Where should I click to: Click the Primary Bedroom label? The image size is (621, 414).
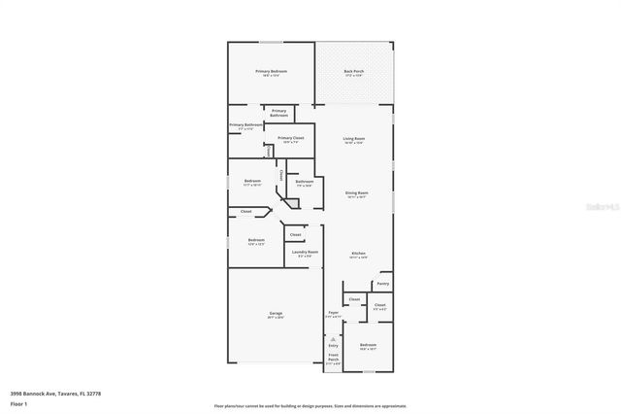[x=271, y=72]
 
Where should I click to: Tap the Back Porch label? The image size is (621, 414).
[x=354, y=72]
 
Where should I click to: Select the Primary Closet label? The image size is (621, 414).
[x=291, y=138]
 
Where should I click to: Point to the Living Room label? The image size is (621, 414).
[x=354, y=139]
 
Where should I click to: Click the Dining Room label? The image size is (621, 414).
[x=357, y=192]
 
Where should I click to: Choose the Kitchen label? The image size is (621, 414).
[x=358, y=254]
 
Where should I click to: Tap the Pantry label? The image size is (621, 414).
[x=382, y=284]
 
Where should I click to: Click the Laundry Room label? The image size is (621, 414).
[x=306, y=252]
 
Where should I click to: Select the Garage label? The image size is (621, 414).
[x=276, y=314]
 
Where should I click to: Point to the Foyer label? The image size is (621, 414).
[x=333, y=313]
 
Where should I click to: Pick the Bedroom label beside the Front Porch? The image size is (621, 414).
[x=368, y=345]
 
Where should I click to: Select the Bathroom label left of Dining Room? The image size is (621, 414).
[x=304, y=181]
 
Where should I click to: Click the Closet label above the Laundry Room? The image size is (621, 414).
[x=295, y=234]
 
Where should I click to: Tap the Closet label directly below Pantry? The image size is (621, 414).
[x=379, y=305]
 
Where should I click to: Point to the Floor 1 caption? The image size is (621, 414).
[x=17, y=403]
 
